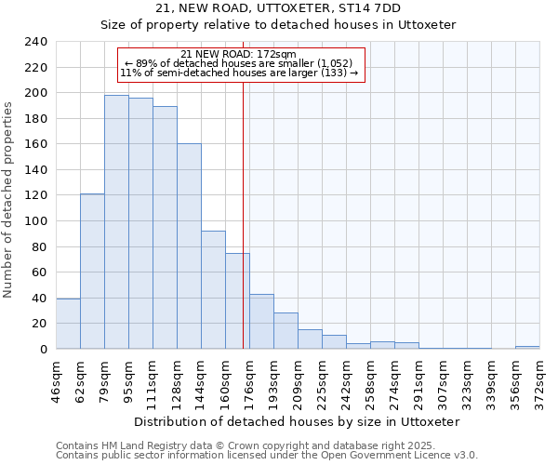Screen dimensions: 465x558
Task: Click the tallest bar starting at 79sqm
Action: click(x=116, y=222)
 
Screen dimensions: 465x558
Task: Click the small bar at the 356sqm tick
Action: click(x=527, y=347)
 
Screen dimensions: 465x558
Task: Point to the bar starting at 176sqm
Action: click(x=261, y=322)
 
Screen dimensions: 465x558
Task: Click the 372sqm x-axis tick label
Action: click(x=539, y=382)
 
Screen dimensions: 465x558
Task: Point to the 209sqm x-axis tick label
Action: click(x=298, y=382)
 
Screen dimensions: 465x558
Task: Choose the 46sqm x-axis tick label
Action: click(x=56, y=382)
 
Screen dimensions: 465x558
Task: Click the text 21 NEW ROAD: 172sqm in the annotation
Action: click(x=239, y=54)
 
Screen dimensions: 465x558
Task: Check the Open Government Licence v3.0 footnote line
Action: click(x=267, y=456)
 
